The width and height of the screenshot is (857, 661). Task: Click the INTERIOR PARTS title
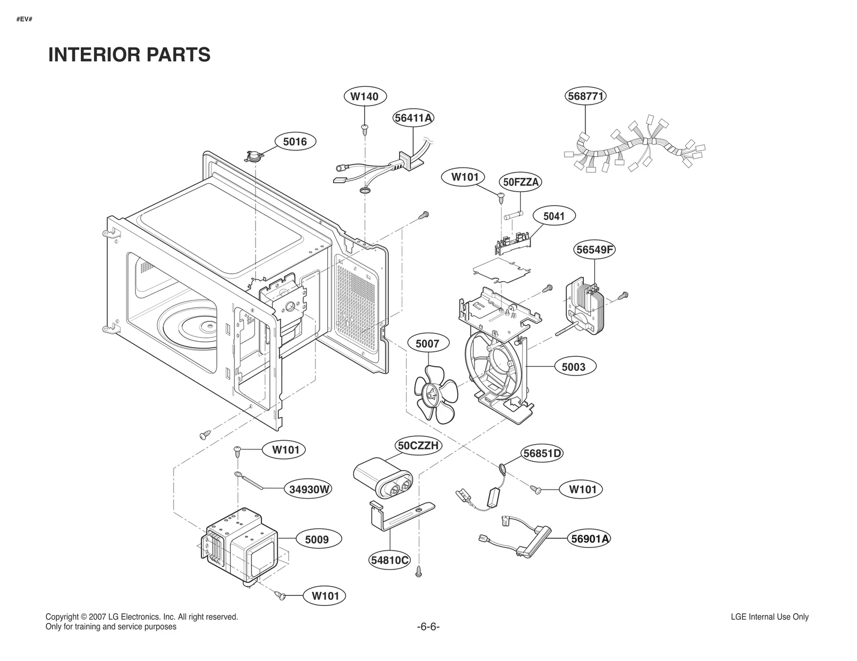[129, 55]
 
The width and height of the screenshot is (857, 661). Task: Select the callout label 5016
[295, 141]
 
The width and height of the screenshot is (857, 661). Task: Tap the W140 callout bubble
[364, 96]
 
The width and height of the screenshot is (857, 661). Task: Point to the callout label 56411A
[413, 118]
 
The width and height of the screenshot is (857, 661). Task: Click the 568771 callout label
[585, 96]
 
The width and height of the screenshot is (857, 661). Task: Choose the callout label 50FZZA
[521, 182]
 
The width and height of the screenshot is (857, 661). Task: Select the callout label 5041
[554, 216]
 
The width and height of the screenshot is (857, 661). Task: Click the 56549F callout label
[595, 250]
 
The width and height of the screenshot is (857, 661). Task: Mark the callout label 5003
[573, 367]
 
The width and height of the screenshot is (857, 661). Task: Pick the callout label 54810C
[389, 560]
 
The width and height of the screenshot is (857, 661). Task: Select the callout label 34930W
[309, 489]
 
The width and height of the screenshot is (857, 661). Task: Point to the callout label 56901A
[590, 539]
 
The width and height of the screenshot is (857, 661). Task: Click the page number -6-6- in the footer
[428, 627]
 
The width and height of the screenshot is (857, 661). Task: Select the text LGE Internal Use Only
[769, 617]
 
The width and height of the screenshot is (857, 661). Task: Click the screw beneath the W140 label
[365, 128]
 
